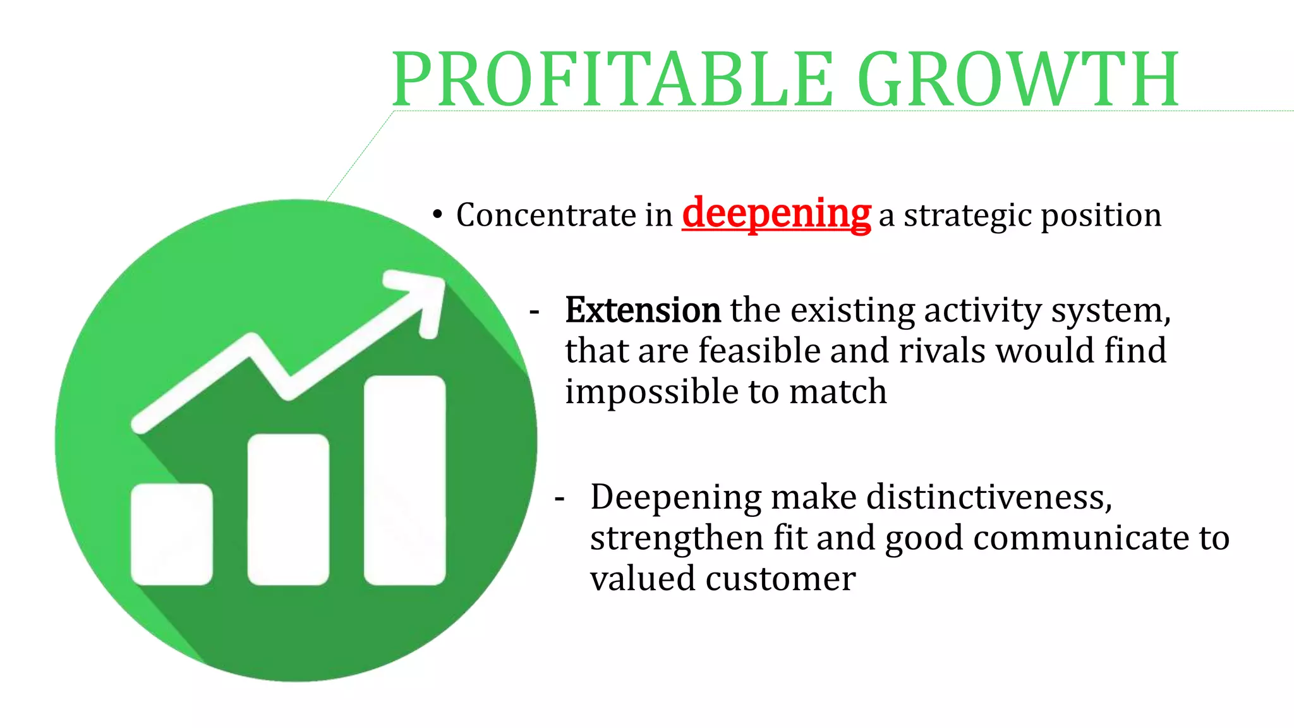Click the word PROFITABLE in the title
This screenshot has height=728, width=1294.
tap(613, 80)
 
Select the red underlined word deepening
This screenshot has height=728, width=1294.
tap(776, 214)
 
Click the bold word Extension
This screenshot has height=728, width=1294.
tap(643, 310)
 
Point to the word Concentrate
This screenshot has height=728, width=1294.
tap(547, 215)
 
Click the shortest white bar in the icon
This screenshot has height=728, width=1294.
tap(171, 534)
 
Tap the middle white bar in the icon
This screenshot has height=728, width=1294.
tap(288, 509)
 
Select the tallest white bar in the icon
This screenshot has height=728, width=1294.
tap(404, 480)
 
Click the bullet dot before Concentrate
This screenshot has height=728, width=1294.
tap(437, 215)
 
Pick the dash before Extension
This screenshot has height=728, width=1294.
tap(535, 312)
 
